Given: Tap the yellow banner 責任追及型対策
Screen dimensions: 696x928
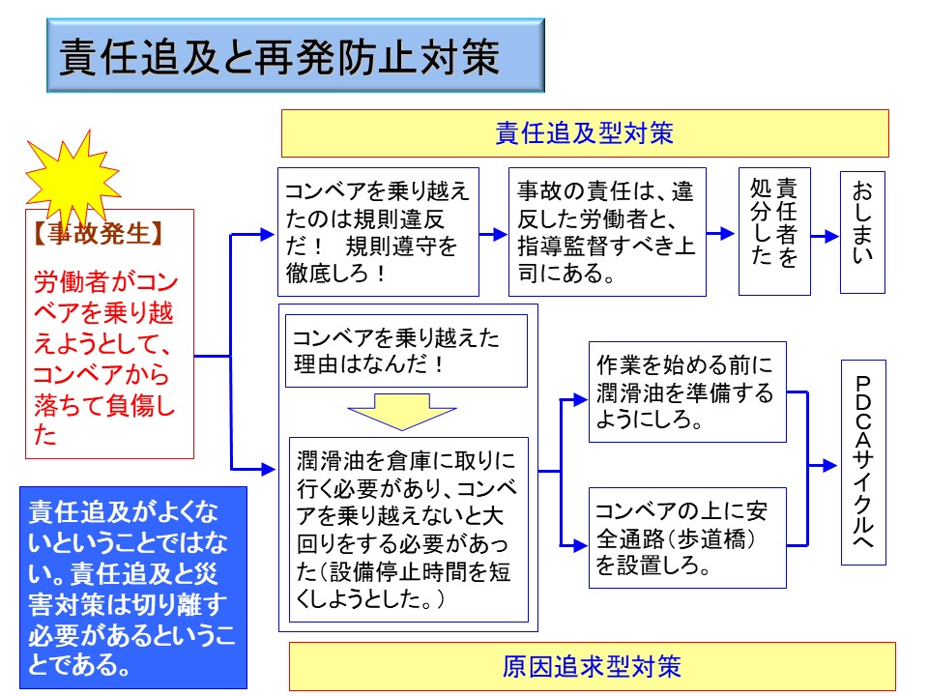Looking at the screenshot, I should point(584,133).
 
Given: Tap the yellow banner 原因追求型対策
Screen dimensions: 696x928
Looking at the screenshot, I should point(592,666).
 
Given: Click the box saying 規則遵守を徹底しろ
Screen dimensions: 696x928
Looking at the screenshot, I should point(378,232).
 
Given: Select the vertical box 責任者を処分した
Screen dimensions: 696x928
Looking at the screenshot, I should point(773,232).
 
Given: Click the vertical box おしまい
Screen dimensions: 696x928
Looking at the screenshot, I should point(862,233).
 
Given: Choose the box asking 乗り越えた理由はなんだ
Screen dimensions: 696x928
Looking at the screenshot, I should point(405,350).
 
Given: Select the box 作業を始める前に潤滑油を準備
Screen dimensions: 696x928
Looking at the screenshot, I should point(687,392).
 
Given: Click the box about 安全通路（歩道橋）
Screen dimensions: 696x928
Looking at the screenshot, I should point(687,538).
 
